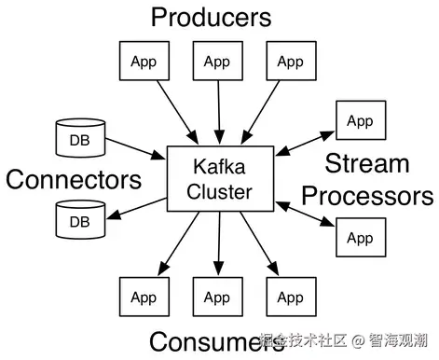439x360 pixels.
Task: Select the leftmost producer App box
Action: pos(143,62)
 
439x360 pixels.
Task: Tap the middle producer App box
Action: pos(216,62)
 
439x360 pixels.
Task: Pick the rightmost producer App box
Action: pos(290,62)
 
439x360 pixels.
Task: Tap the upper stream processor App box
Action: pos(360,120)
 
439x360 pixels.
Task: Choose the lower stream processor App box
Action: pos(360,237)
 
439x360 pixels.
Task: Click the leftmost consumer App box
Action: pos(143,297)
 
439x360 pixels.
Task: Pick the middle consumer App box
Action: pos(216,297)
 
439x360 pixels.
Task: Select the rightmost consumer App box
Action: pos(290,297)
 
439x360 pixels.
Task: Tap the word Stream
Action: pos(366,165)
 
